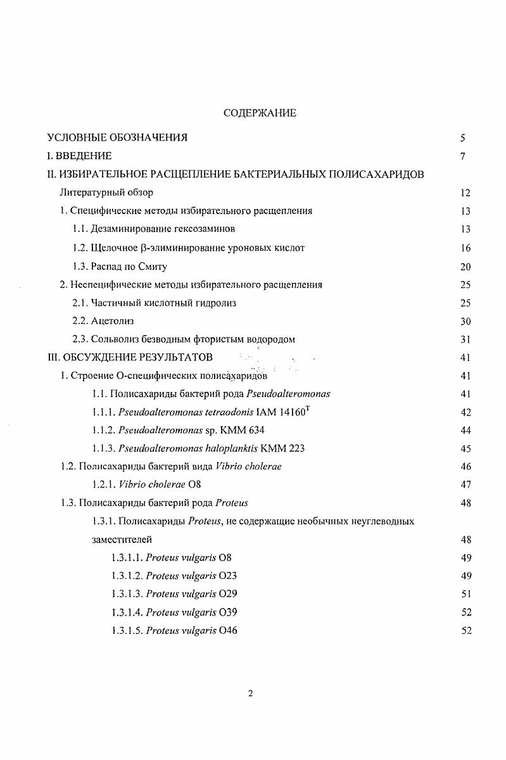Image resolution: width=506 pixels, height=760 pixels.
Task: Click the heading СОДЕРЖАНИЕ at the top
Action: tap(251, 113)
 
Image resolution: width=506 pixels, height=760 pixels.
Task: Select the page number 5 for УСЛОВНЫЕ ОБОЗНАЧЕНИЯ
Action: tap(463, 138)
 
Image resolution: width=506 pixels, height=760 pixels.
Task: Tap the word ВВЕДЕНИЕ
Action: tap(84, 156)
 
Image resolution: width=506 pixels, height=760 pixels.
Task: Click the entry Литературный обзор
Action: tap(106, 193)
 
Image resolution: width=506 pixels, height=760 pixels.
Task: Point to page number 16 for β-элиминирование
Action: tap(465, 248)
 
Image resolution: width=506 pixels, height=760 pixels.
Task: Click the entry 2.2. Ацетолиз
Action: tap(103, 322)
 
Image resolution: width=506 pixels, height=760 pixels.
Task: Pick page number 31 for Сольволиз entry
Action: tap(465, 340)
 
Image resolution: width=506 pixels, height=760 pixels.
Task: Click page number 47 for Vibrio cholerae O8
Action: tap(465, 486)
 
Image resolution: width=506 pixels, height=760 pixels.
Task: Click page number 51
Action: tap(465, 594)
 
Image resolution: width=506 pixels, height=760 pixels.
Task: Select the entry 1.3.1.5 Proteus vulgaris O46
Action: tap(174, 631)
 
